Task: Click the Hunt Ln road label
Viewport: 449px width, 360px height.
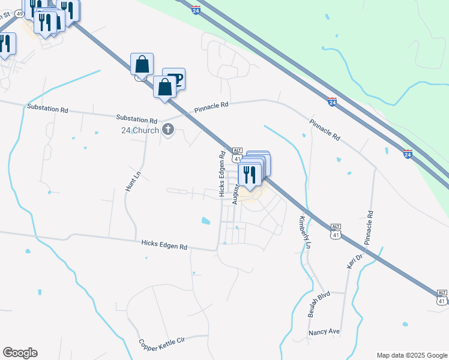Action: pos(129,180)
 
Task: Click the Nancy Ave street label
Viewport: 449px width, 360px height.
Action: pos(324,332)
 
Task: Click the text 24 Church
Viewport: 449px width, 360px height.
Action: pos(139,130)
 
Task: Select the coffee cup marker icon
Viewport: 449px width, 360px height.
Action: pos(174,79)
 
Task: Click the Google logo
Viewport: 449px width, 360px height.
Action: pos(20,353)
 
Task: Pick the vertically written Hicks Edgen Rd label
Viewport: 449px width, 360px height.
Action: pos(222,174)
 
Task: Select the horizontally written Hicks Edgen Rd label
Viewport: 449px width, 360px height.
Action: pos(164,245)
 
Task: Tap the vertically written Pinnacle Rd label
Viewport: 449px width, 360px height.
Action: pos(369,227)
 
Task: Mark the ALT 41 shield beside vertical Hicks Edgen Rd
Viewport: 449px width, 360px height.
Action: pos(237,155)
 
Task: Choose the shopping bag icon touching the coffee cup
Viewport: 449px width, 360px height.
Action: pos(164,88)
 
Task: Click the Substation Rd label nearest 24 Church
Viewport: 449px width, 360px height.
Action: pos(136,119)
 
